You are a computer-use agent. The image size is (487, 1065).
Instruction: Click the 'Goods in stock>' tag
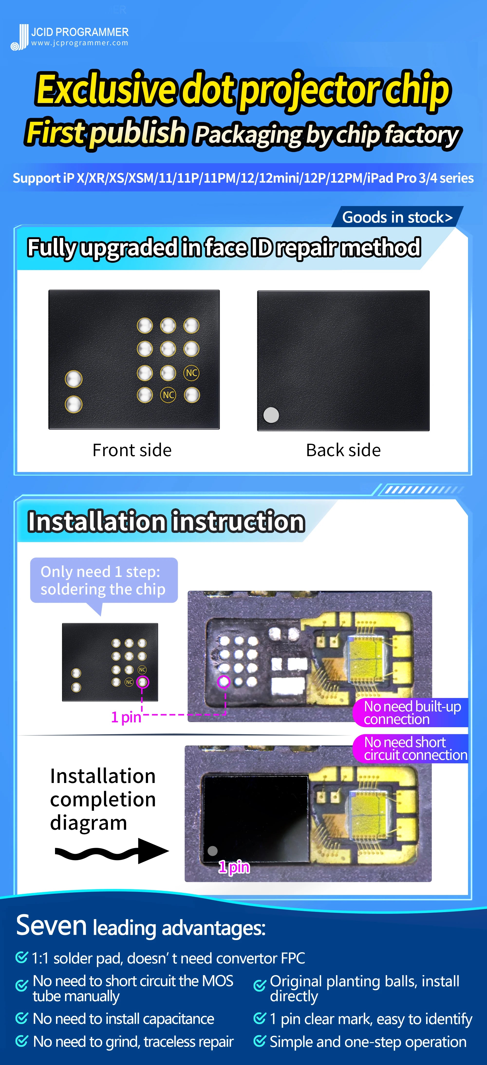pos(397,217)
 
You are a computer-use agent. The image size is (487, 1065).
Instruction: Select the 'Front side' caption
pos(132,450)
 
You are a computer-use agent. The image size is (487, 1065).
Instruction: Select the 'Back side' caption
pos(343,450)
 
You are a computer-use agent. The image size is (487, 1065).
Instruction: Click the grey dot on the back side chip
pos(271,415)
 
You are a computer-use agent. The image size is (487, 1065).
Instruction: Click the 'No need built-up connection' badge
pos(411,712)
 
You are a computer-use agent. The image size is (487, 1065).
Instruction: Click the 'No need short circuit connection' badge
pos(411,748)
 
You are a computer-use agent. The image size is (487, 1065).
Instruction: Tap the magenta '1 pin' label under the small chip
pos(126,717)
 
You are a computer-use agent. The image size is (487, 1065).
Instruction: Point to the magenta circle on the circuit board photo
pos(224,681)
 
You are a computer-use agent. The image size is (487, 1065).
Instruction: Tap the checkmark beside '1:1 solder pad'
pos(21,957)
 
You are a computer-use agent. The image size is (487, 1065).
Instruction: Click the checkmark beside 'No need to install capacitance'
pos(21,1018)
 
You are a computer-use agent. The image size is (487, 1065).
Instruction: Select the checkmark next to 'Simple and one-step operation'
pos(260,1041)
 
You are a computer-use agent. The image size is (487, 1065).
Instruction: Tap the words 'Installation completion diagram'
pos(103,799)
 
